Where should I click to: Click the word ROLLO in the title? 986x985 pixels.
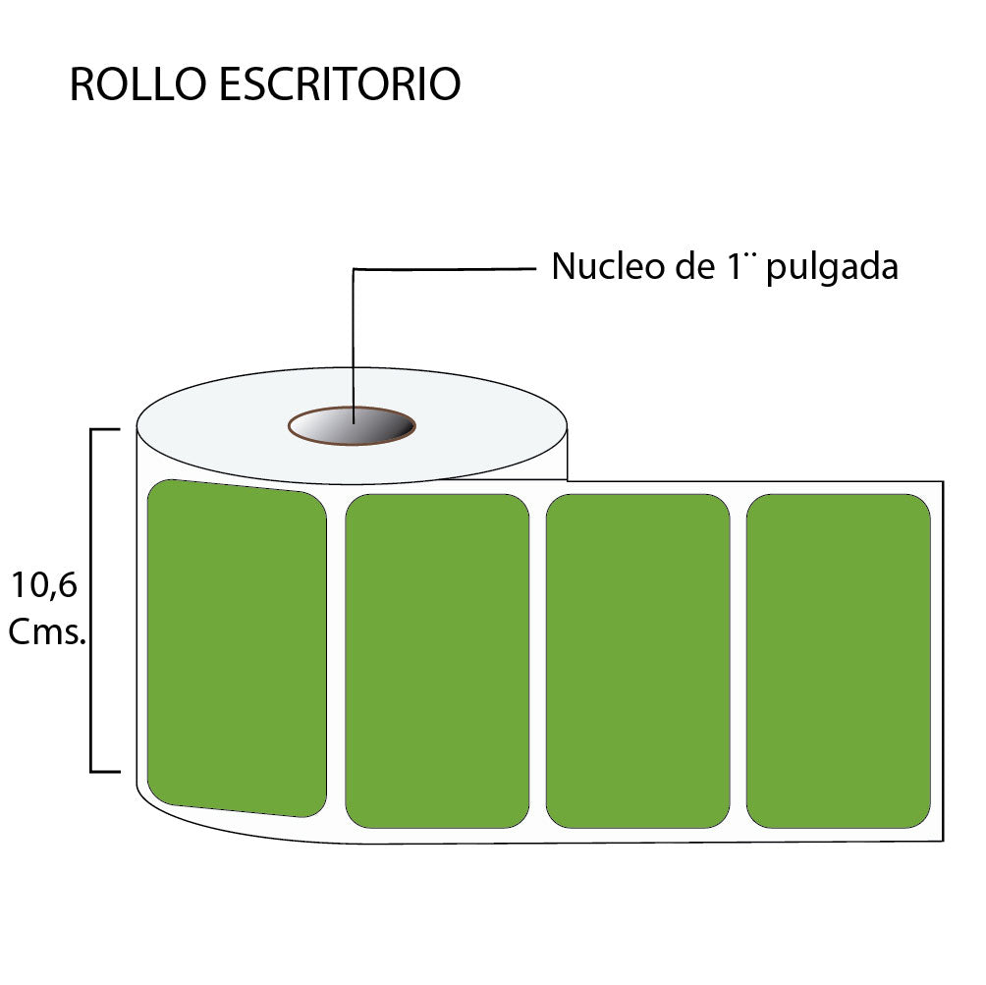pos(137,83)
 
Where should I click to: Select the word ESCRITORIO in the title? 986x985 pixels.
pos(340,83)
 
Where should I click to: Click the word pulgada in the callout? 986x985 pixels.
pos(832,268)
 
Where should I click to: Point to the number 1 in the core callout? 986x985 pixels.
pos(734,266)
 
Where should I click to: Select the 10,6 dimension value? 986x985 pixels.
pos(44,585)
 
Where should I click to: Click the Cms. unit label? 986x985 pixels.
pos(47,631)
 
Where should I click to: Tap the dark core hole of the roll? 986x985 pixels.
pos(353,426)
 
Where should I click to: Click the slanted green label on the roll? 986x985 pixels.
pos(237,648)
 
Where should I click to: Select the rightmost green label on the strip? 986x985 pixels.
pos(839,661)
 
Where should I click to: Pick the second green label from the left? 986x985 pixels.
pos(437,661)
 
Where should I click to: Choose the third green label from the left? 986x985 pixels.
pos(637,661)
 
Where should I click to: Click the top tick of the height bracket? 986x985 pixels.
pos(105,429)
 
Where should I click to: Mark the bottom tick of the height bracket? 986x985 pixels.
pos(105,771)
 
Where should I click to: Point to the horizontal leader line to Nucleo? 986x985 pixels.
pos(445,269)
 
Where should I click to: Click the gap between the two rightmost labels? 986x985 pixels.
pos(739,661)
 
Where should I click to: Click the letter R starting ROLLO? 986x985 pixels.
pos(82,84)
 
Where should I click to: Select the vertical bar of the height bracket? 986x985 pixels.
pos(91,601)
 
